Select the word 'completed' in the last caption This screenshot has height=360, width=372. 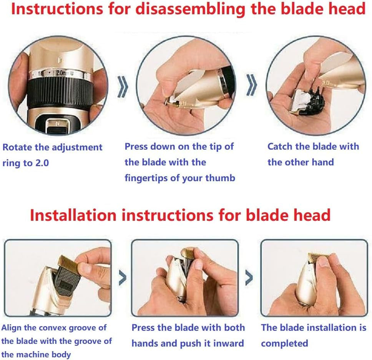[x=284, y=343]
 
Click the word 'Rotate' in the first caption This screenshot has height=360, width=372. [x=17, y=147]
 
